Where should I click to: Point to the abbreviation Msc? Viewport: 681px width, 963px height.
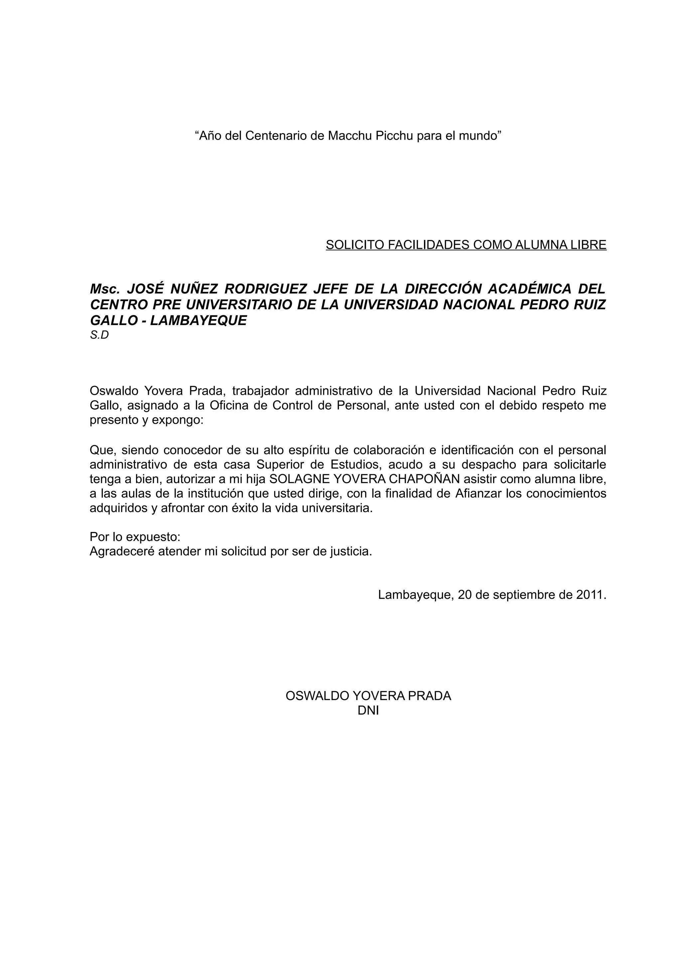(105, 289)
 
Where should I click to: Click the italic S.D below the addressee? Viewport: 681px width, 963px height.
(99, 336)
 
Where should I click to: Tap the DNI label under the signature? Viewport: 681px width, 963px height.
(368, 710)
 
